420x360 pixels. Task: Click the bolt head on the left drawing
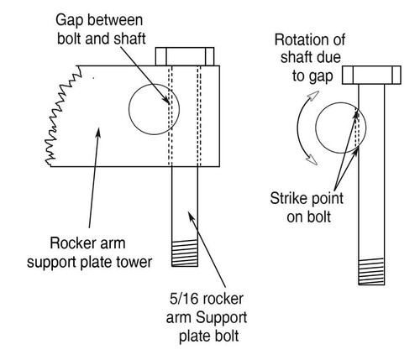pyautogui.click(x=185, y=56)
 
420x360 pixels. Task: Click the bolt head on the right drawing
pyautogui.click(x=371, y=75)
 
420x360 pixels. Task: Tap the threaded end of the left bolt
pyautogui.click(x=185, y=253)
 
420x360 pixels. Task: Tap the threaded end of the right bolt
pyautogui.click(x=371, y=272)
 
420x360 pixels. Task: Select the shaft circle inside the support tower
pyautogui.click(x=129, y=109)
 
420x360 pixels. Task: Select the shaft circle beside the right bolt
pyautogui.click(x=316, y=128)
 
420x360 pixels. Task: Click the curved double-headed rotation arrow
pyautogui.click(x=298, y=128)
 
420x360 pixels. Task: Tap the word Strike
pyautogui.click(x=288, y=198)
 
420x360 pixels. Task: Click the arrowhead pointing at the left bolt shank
pyautogui.click(x=191, y=216)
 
